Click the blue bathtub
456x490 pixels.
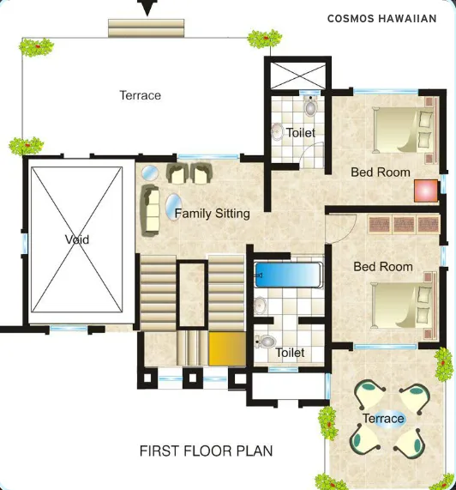point(288,275)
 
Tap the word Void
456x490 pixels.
point(77,239)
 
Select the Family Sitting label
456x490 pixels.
point(213,214)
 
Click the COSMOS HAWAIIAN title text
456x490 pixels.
point(381,19)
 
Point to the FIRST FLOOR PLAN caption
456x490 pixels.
point(206,451)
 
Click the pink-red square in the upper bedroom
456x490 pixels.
point(426,191)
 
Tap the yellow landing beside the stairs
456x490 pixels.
point(227,348)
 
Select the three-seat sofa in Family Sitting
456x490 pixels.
point(150,210)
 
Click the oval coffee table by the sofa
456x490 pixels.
point(173,207)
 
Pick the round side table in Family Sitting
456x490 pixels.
point(150,172)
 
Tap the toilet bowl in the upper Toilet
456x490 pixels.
point(310,106)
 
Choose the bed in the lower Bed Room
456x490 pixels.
point(404,305)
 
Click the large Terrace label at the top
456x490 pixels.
point(141,95)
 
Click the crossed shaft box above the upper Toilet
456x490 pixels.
point(297,76)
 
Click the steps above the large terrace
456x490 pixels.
point(146,28)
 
